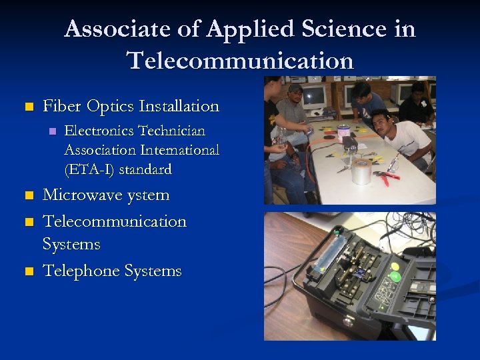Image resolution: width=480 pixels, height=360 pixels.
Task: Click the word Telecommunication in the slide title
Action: [240, 61]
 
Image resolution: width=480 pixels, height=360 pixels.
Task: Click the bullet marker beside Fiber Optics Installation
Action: [28, 107]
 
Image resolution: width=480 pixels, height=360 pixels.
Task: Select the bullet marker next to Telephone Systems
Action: [28, 271]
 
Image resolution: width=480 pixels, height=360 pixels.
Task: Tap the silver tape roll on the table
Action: [361, 172]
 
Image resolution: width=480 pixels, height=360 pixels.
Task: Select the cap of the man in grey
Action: [295, 88]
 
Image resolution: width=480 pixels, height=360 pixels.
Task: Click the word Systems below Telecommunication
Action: [71, 245]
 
